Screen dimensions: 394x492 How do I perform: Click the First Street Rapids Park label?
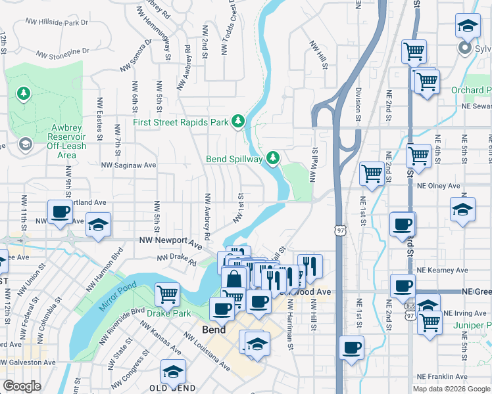point(180,122)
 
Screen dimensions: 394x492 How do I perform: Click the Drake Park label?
point(168,313)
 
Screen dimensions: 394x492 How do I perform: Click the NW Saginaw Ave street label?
point(128,165)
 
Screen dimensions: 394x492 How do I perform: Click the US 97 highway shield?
point(339,230)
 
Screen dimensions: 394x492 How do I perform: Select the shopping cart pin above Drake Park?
point(168,294)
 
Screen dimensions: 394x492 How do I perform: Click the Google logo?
point(21,386)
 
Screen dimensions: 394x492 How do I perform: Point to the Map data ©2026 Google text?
point(451,389)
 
